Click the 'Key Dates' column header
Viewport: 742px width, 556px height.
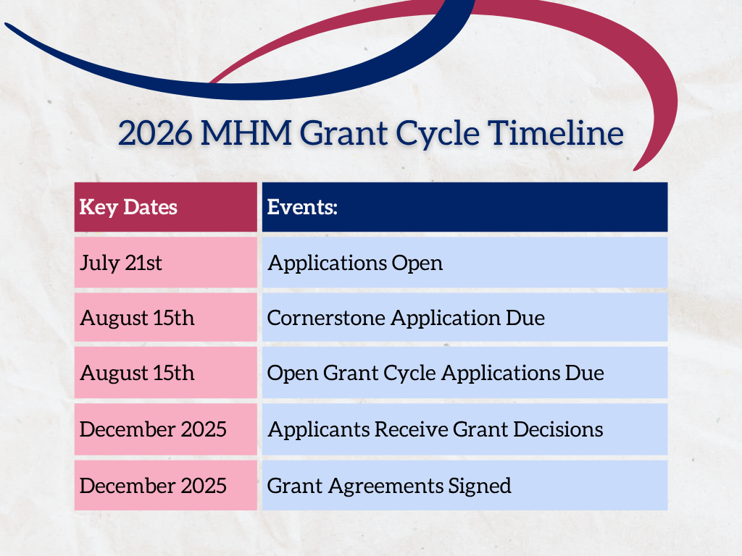pos(166,207)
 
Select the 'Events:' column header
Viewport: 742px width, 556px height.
pos(464,207)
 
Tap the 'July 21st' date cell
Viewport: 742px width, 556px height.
pos(166,262)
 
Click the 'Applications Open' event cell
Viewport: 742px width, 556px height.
pos(464,262)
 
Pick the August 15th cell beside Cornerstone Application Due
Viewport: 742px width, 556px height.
pos(166,317)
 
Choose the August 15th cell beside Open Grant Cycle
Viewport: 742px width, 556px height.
pos(166,373)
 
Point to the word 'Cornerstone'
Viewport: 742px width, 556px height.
pos(326,318)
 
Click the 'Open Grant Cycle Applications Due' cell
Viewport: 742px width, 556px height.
pos(464,373)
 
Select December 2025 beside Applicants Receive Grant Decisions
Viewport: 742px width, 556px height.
pos(166,429)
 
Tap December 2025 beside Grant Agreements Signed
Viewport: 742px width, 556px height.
pos(166,486)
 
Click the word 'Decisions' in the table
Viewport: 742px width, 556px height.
pos(558,429)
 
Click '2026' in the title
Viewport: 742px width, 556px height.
pos(155,133)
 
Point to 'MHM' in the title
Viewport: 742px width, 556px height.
pos(246,133)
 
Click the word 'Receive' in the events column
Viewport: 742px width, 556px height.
pos(411,429)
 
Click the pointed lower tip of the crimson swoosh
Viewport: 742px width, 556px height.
pos(634,169)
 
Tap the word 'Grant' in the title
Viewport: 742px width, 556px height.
pos(343,133)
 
